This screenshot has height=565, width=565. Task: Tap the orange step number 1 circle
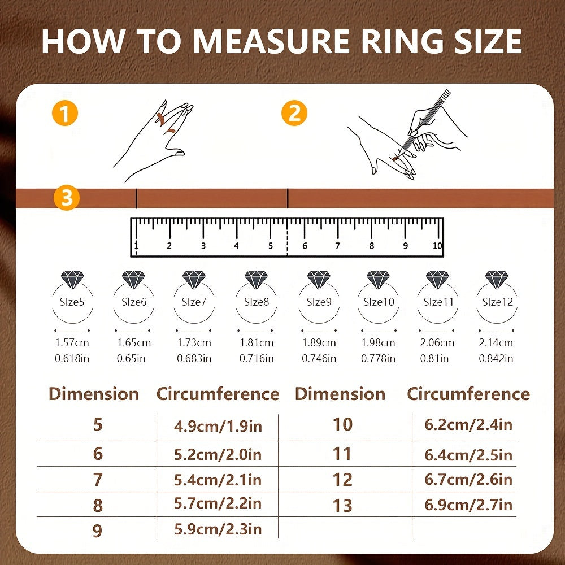(65, 113)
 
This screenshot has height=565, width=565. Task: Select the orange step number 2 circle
(294, 113)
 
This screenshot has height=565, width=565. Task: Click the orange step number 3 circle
(67, 197)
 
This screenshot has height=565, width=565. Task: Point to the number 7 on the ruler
(338, 246)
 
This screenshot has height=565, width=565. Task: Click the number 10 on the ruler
(437, 246)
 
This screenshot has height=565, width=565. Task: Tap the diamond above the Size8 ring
(256, 280)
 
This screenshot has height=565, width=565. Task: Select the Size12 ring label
(497, 302)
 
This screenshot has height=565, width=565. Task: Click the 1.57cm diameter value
(72, 343)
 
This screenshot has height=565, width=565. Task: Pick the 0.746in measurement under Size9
(319, 359)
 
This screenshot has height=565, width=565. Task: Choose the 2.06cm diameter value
(437, 343)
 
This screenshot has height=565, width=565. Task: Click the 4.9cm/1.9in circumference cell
(218, 427)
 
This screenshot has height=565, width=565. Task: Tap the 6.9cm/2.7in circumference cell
(468, 505)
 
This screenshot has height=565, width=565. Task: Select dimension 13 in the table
(342, 506)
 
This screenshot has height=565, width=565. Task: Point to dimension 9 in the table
(97, 531)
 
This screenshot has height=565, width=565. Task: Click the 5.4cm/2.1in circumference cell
(218, 480)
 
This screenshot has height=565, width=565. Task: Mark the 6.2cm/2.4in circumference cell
(468, 425)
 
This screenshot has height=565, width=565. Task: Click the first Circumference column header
(218, 394)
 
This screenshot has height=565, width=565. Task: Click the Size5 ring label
(72, 302)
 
